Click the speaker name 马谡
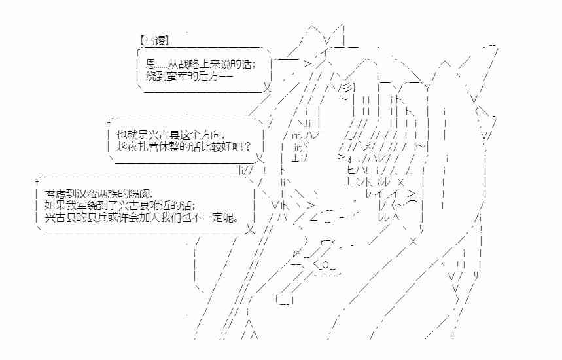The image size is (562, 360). [155, 41]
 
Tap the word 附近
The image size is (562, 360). [167, 205]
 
